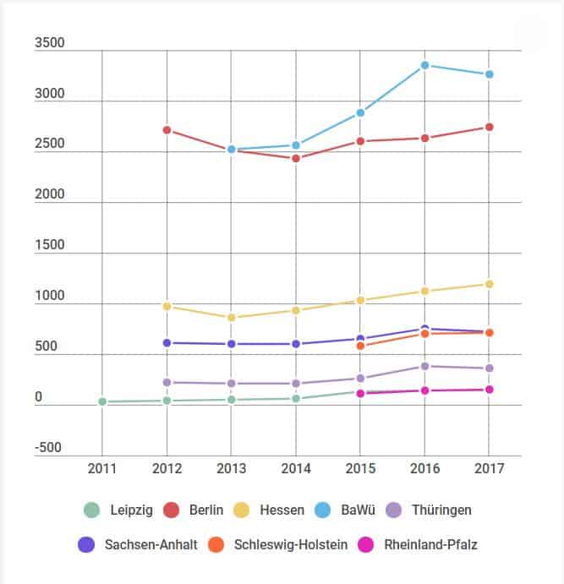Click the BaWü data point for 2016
coord(424,65)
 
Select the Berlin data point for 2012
coord(167,130)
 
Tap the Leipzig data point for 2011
coord(102,401)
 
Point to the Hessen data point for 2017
coord(489,284)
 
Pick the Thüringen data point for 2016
coord(424,366)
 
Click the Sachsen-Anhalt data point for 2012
coord(167,343)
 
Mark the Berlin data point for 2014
coord(296,158)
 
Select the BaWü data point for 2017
coord(489,74)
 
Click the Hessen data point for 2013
coord(232,318)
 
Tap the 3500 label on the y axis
coord(48,44)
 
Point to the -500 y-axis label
coord(47,448)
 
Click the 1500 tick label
coord(48,246)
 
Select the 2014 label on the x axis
coord(296,468)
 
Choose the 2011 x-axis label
coord(102,468)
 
